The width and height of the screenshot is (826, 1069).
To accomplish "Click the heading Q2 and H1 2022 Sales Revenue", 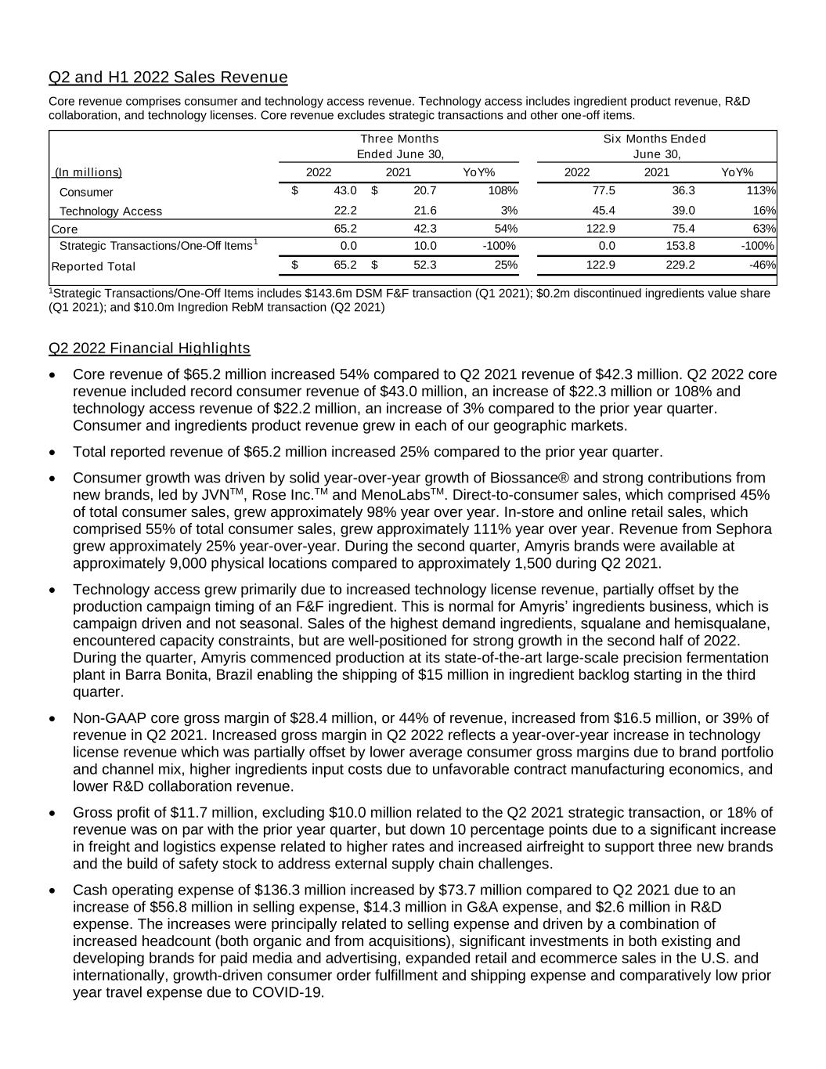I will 168,77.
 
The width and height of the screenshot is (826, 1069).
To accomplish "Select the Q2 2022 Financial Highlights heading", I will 149,348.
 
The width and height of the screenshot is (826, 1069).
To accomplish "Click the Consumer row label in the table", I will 86,192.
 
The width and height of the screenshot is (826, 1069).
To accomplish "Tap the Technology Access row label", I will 110,211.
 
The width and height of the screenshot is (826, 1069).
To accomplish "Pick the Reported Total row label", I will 92,266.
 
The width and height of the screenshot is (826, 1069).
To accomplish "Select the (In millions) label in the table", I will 88,172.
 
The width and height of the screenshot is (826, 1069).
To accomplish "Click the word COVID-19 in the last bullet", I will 288,992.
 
